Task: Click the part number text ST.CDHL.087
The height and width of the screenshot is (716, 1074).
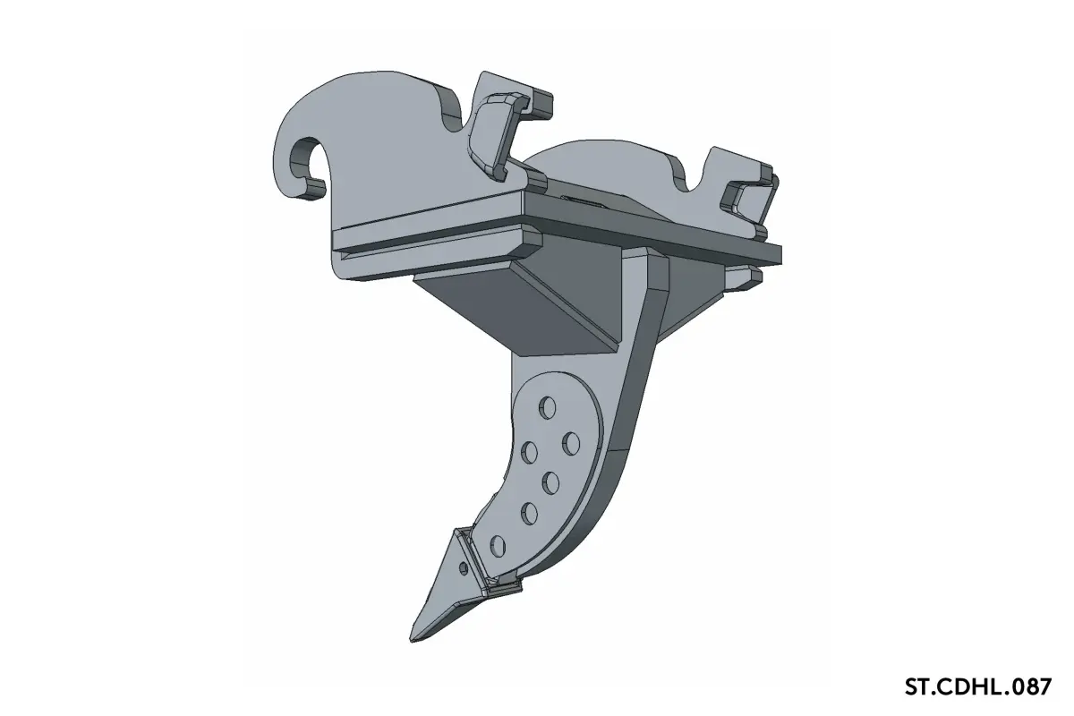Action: (x=978, y=686)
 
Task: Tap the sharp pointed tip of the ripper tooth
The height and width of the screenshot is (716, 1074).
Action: (x=413, y=639)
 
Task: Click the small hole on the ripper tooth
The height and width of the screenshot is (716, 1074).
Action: (x=464, y=568)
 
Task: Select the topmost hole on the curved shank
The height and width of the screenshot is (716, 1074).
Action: (x=548, y=408)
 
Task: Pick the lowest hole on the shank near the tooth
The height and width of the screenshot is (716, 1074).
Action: (x=498, y=546)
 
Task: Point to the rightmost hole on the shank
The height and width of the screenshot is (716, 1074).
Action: (x=571, y=443)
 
